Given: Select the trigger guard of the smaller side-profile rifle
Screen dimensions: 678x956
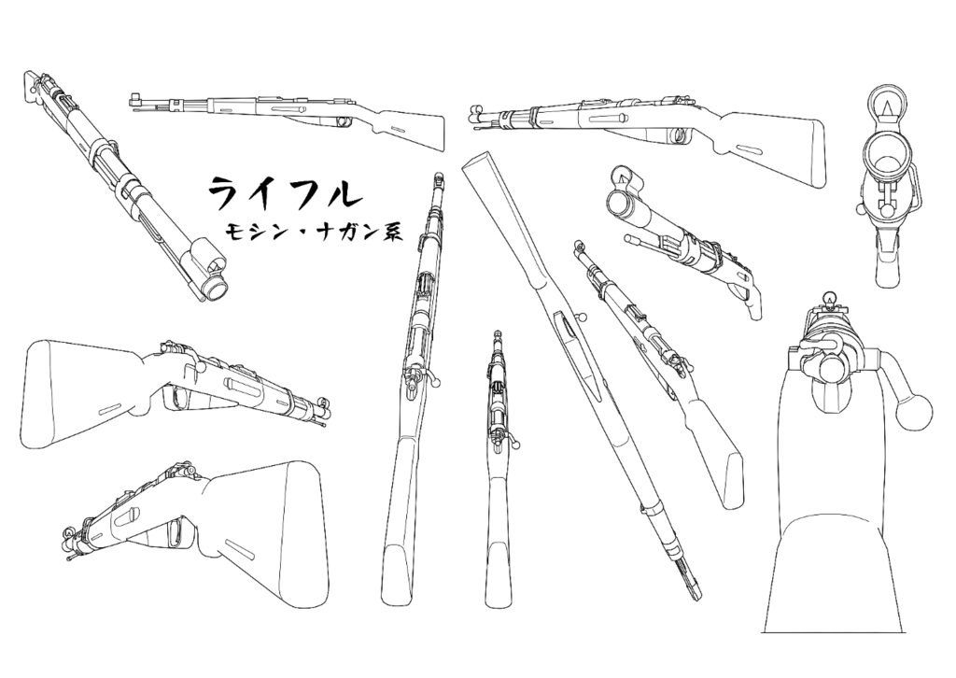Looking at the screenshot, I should point(339,120).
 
